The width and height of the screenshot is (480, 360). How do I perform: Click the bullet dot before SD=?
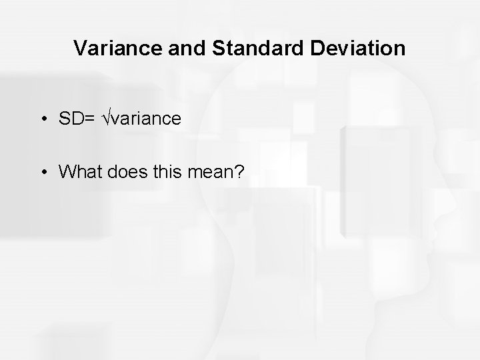pyautogui.click(x=43, y=119)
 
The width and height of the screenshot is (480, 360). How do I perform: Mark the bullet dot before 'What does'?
pyautogui.click(x=43, y=173)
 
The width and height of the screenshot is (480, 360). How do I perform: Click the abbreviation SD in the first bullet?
pyautogui.click(x=69, y=119)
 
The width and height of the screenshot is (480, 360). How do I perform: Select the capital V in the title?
pyautogui.click(x=79, y=49)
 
